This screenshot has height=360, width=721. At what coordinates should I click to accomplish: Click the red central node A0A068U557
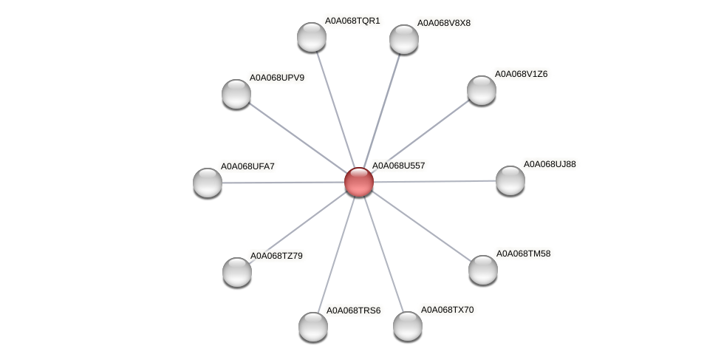point(359,182)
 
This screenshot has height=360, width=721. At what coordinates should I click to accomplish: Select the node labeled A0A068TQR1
point(312,37)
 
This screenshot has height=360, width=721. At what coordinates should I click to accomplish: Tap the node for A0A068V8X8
point(404,39)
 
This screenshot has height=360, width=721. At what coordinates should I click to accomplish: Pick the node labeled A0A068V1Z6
point(482,90)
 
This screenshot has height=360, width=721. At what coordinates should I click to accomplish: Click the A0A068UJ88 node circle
point(510,180)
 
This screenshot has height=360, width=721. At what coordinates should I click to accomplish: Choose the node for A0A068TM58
point(483,270)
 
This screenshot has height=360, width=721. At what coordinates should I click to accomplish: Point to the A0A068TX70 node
point(408,326)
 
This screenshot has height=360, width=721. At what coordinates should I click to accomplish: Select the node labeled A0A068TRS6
point(313,327)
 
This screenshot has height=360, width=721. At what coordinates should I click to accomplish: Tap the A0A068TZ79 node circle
point(237,272)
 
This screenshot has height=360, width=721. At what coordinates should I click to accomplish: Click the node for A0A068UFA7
point(208,183)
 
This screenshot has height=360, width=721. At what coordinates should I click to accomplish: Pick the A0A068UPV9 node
point(236,94)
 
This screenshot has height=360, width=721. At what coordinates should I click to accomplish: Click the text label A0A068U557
point(398,166)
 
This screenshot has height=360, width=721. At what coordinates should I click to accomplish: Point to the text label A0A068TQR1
point(352,21)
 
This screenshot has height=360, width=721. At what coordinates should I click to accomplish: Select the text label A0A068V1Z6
point(521,74)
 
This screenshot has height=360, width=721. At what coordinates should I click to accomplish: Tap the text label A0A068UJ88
point(550,164)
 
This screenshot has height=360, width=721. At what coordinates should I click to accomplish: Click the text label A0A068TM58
point(523,254)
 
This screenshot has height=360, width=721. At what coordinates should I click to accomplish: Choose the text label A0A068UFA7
point(247,166)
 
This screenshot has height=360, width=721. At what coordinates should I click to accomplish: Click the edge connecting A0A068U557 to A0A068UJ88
point(436,181)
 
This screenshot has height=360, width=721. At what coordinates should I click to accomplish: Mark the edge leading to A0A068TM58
point(421,225)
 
